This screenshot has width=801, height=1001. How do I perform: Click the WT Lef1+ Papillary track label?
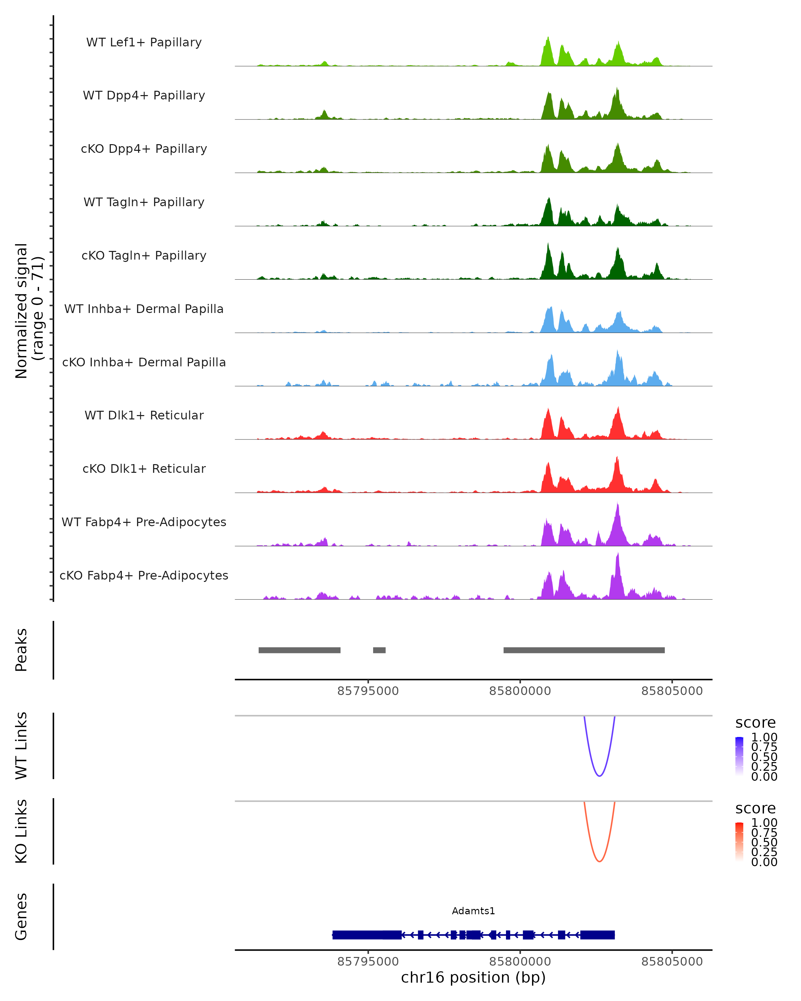pyautogui.click(x=144, y=42)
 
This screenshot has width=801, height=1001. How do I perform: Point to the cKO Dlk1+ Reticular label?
pyautogui.click(x=144, y=468)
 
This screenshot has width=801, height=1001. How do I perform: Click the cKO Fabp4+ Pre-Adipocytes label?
pyautogui.click(x=144, y=575)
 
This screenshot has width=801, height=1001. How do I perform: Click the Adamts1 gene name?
pyautogui.click(x=473, y=911)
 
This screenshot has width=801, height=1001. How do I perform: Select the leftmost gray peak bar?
pyautogui.click(x=299, y=650)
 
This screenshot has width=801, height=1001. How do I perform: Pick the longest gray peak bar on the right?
pyautogui.click(x=584, y=650)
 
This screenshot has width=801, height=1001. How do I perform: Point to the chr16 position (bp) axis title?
pyautogui.click(x=473, y=977)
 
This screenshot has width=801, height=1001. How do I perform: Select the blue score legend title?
pyautogui.click(x=756, y=723)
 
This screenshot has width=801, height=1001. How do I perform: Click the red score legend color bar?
pyautogui.click(x=739, y=842)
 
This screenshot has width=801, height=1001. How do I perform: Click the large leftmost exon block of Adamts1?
pyautogui.click(x=367, y=935)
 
